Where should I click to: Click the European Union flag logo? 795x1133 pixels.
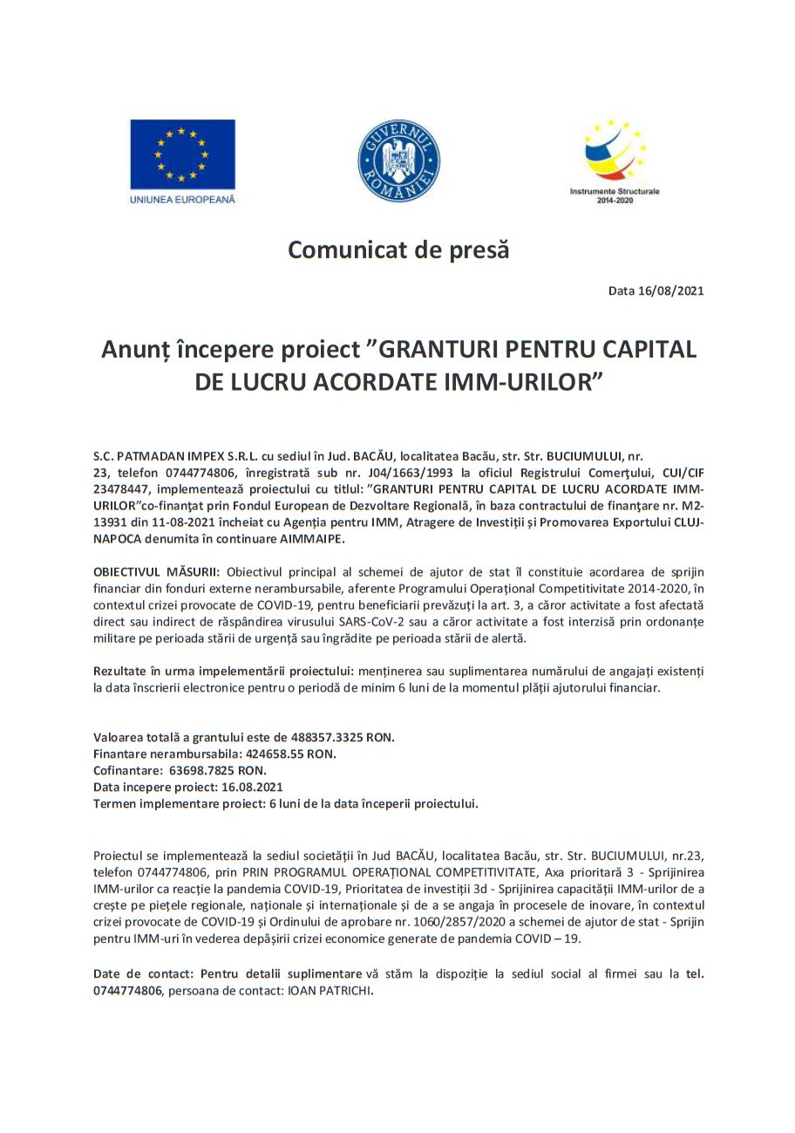[182, 154]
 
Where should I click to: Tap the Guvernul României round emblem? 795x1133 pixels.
[398, 161]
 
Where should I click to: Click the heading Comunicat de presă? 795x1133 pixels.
[398, 250]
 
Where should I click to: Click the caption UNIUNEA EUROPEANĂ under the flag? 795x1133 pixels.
[182, 199]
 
